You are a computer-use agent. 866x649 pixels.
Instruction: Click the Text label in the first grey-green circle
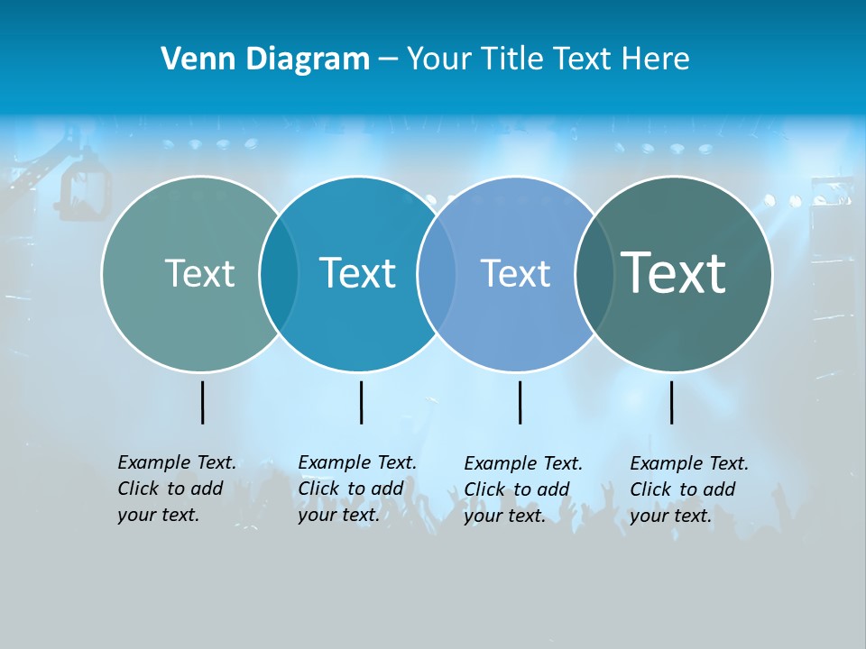pos(199,273)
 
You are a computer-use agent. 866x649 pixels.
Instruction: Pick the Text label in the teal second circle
pos(357,273)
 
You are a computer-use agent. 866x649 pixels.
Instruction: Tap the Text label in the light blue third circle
pos(515,273)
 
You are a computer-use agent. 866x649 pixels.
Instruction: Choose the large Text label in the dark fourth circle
pos(673,273)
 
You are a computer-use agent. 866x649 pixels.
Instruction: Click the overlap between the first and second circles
pos(279,274)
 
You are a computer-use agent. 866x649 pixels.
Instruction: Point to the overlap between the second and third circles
pos(437,274)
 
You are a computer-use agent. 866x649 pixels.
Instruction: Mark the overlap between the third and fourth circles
pos(594,274)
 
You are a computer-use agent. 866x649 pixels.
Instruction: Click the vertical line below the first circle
pos(203,402)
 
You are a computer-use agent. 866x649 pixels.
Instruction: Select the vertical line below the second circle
pos(361,402)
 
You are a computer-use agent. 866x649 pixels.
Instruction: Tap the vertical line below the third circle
pos(520,402)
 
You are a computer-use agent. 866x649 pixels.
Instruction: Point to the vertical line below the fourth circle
pos(672,402)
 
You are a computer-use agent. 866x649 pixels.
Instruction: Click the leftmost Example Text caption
pos(176,489)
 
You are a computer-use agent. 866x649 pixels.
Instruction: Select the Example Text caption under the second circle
pos(356,489)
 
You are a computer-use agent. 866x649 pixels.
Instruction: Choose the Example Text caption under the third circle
pos(522,489)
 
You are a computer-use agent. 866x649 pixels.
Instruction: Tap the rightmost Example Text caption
pos(688,489)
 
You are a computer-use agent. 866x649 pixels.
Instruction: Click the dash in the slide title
pos(388,60)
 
